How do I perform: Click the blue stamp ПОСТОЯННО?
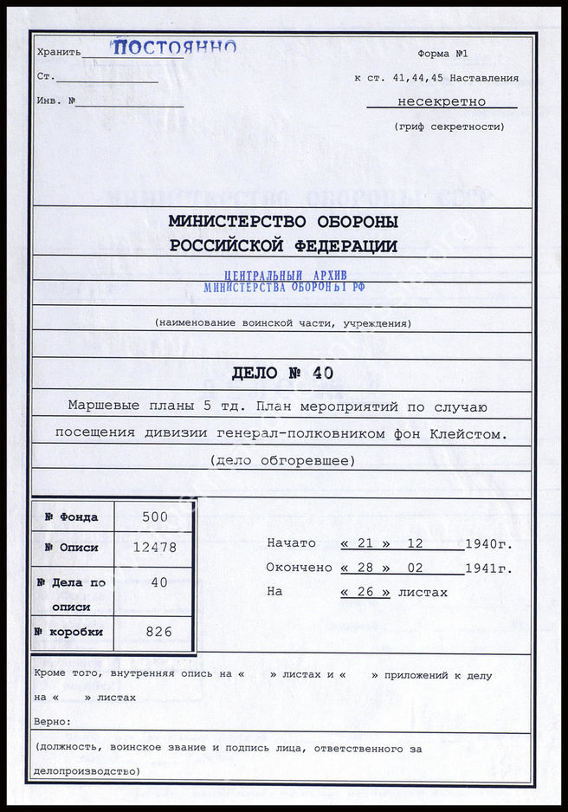(175, 48)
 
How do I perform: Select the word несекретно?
(442, 101)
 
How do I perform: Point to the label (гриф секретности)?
(449, 127)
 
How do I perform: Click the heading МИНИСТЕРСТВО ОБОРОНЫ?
(283, 220)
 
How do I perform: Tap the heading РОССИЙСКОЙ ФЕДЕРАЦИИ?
(283, 246)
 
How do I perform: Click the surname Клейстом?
(471, 432)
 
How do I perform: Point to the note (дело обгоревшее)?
(282, 461)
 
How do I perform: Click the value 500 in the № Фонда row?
(155, 517)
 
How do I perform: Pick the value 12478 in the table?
(155, 548)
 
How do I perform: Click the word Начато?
(292, 543)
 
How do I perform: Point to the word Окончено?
(300, 568)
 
